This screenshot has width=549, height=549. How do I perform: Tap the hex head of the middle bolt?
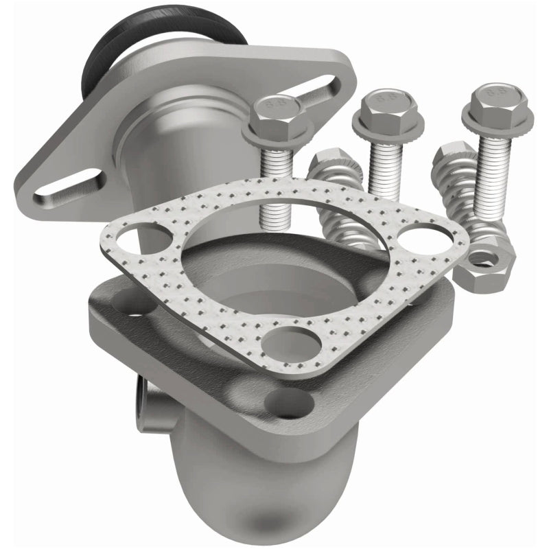(377, 109)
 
